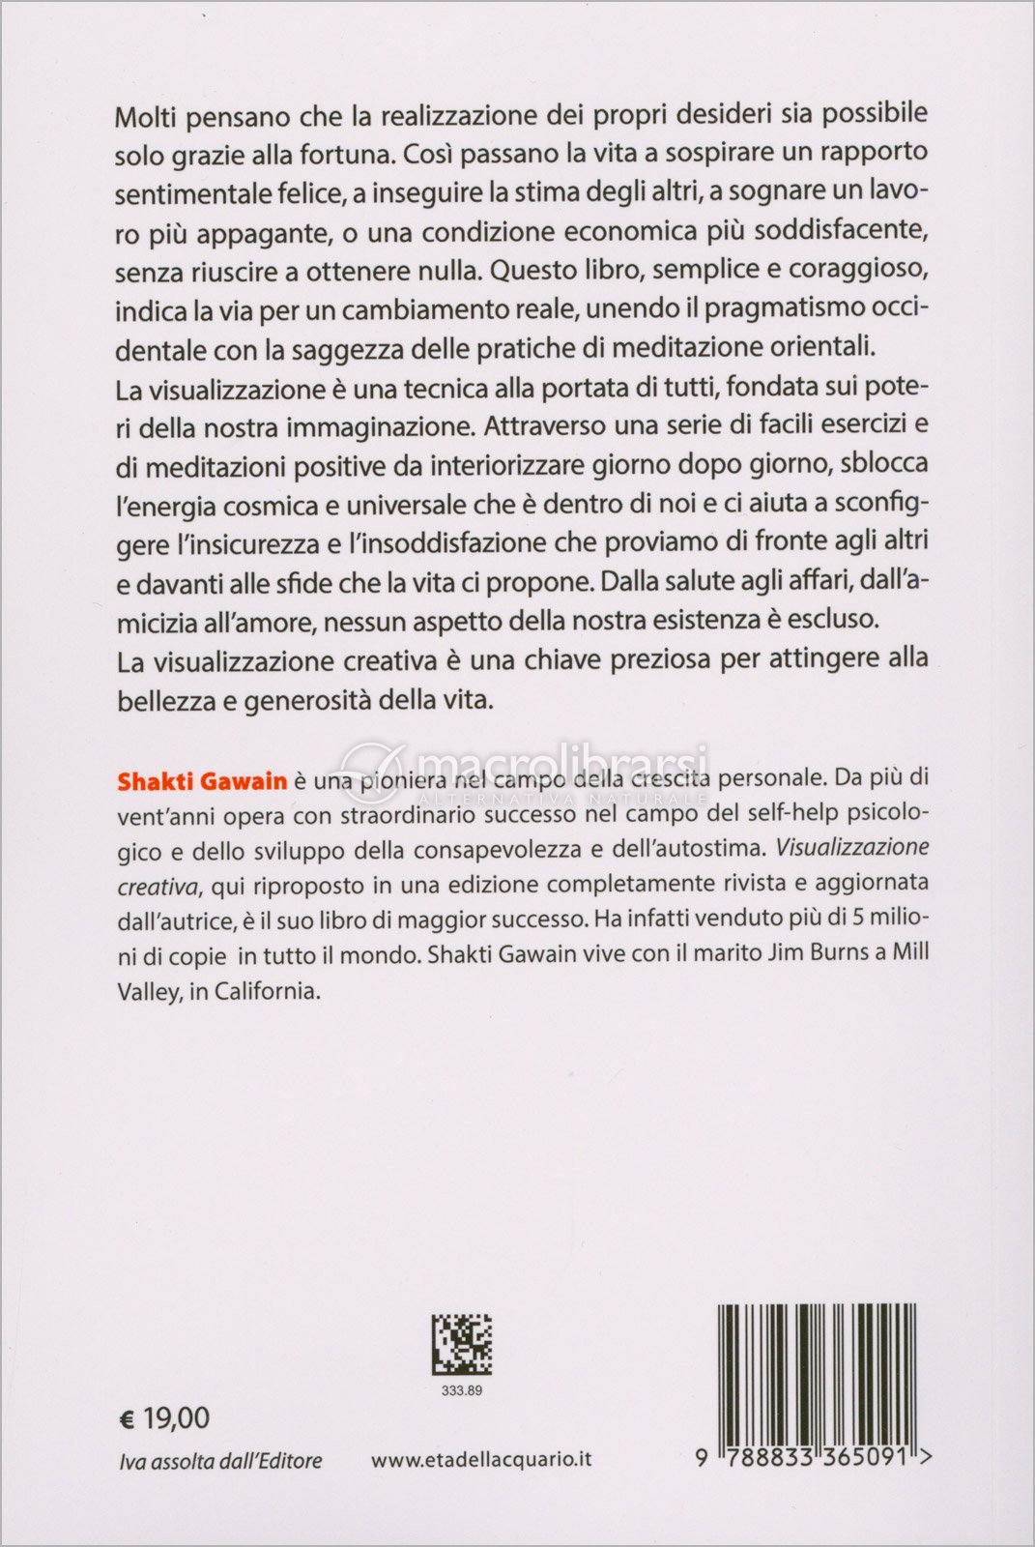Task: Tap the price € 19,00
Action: [x=163, y=1418]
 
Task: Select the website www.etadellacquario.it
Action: [x=481, y=1459]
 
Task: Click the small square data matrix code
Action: [x=461, y=1344]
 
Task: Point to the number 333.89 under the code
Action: [x=461, y=1390]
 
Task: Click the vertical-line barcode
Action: [x=816, y=1373]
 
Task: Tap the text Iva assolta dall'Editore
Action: [x=220, y=1461]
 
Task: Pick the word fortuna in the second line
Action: [x=349, y=155]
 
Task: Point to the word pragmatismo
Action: [x=786, y=309]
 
